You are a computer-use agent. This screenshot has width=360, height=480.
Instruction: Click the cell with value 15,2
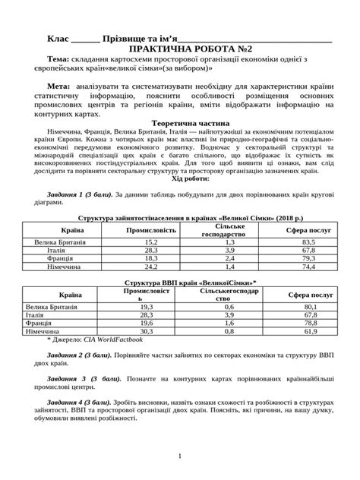click(150, 241)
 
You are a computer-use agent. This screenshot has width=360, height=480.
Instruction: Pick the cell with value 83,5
click(307, 241)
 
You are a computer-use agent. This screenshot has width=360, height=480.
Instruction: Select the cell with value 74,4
click(307, 267)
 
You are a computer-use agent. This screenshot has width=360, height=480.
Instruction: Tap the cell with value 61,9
click(307, 333)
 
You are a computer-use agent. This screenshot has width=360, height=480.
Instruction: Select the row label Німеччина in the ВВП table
click(45, 333)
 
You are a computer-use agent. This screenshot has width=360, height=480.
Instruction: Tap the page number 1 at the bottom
click(179, 456)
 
